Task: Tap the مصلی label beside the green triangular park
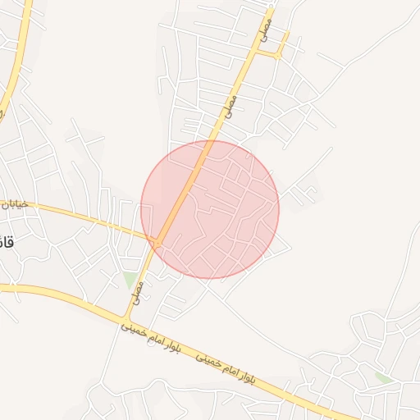point(139,287)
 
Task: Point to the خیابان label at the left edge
point(15,203)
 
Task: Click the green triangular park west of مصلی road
point(130,280)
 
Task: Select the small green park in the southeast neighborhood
point(383,377)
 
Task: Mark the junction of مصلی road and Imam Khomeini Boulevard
point(128,317)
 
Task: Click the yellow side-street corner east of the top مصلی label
point(281,54)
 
